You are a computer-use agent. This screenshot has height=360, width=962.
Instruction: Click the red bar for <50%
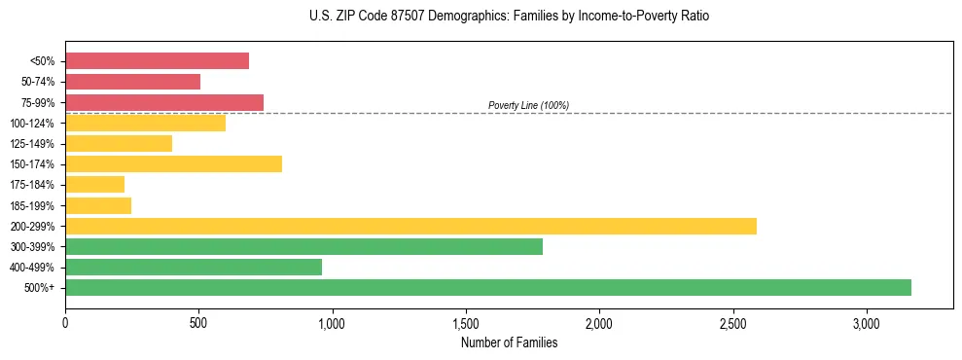click(x=157, y=61)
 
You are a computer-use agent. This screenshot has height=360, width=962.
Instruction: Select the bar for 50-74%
click(x=132, y=82)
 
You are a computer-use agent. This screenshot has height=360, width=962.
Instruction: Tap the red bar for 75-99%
click(x=164, y=102)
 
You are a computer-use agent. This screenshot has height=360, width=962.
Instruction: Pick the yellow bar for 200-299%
click(x=410, y=226)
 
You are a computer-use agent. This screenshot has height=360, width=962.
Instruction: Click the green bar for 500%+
click(x=488, y=287)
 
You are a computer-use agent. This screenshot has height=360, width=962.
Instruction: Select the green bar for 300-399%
click(x=303, y=246)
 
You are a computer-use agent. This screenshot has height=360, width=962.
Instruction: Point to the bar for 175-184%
click(x=94, y=185)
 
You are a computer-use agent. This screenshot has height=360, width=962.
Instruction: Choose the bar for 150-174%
click(x=173, y=164)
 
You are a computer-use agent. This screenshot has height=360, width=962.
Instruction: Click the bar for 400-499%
click(x=194, y=267)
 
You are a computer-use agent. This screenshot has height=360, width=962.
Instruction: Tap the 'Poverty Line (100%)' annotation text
click(x=528, y=105)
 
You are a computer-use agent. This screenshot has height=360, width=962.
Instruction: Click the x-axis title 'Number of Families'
click(x=509, y=342)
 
